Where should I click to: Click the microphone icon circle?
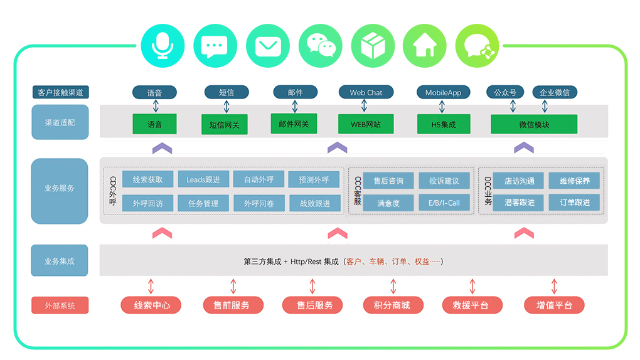(x=163, y=45)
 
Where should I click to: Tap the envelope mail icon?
(x=268, y=45)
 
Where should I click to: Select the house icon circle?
(x=424, y=45)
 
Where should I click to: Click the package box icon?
(x=372, y=45)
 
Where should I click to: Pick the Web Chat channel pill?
(x=366, y=92)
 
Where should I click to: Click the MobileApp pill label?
(x=443, y=92)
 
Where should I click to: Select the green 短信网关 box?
(x=224, y=124)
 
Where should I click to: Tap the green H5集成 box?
(x=443, y=124)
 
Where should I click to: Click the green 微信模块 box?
(x=534, y=124)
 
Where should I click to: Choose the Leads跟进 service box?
(x=203, y=180)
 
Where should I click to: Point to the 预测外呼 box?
(x=314, y=180)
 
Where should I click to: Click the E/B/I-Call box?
(x=444, y=203)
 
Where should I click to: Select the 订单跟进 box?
(x=574, y=202)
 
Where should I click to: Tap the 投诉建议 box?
(x=444, y=181)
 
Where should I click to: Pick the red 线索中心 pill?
(x=151, y=305)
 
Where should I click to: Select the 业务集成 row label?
(x=60, y=261)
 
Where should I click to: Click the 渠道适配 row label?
(x=60, y=122)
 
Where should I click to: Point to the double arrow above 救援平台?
(x=472, y=287)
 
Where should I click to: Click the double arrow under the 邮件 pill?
(x=295, y=105)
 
